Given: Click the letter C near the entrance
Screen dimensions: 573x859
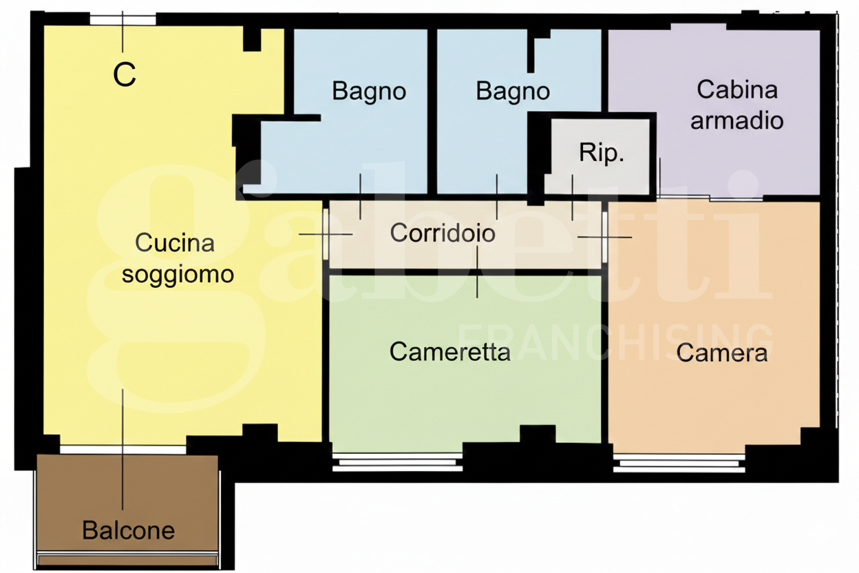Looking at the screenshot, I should (x=125, y=75).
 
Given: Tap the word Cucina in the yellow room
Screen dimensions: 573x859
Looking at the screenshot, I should (x=175, y=242).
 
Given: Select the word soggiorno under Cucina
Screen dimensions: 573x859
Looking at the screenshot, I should (x=178, y=274).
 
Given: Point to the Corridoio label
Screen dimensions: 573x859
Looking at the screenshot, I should (x=443, y=233).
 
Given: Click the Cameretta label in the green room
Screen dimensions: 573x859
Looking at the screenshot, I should (x=449, y=352).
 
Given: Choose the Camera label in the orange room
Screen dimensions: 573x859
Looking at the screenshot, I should (x=721, y=353).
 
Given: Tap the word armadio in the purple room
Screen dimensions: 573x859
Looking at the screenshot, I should (x=736, y=121).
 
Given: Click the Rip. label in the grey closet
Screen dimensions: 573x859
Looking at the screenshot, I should (x=602, y=153).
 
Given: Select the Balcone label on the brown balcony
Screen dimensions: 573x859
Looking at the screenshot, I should (x=128, y=530).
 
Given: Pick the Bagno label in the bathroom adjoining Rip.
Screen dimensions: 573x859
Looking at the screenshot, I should (x=513, y=91).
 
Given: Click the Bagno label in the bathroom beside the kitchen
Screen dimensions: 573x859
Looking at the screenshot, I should (x=369, y=91).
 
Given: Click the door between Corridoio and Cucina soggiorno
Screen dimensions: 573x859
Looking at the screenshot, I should (x=326, y=234).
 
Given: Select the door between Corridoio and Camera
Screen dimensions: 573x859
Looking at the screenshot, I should (x=605, y=237).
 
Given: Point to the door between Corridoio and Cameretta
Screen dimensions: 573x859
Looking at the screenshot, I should (x=478, y=272).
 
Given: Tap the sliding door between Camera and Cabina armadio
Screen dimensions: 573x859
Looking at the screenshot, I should (x=709, y=198).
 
